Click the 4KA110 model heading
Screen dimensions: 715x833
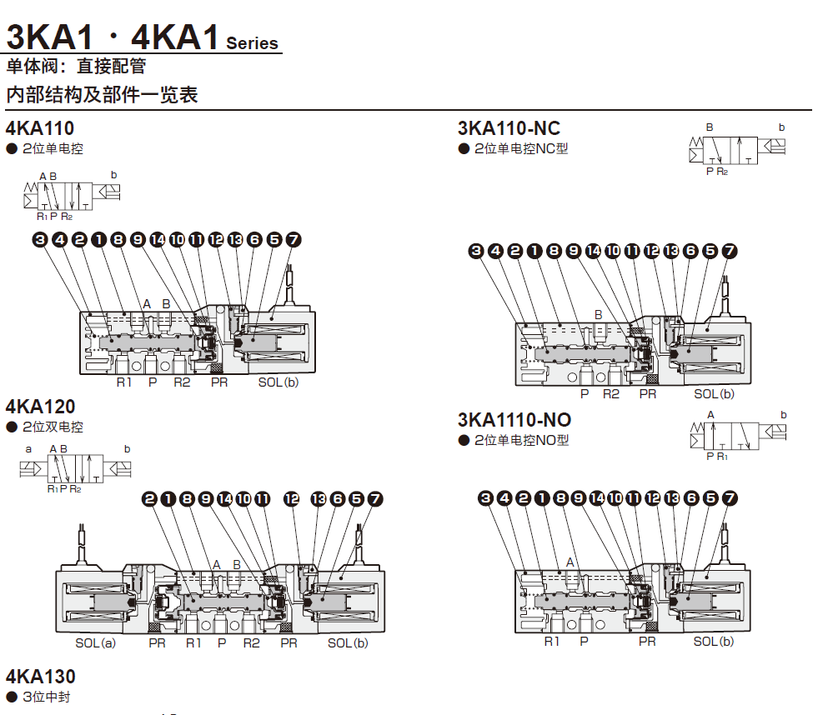coord(40,128)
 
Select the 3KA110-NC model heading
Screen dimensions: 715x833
coord(509,128)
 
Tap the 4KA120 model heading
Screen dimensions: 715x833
coord(40,407)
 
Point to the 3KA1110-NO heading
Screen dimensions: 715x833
coord(514,419)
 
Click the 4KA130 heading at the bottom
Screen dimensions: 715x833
coord(40,676)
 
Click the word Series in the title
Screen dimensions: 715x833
coord(252,44)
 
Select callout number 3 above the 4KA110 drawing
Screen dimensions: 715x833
coord(39,240)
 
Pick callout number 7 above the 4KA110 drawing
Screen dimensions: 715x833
coord(293,240)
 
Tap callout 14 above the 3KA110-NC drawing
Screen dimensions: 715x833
coord(593,251)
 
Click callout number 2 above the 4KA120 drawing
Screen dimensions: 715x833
coord(150,499)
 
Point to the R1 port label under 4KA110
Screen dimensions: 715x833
coord(124,382)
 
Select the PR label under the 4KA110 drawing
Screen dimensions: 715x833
coord(219,382)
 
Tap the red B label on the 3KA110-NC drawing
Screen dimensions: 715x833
coord(598,314)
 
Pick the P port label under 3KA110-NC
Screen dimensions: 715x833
coord(585,394)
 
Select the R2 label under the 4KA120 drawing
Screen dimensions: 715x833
coord(251,643)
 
